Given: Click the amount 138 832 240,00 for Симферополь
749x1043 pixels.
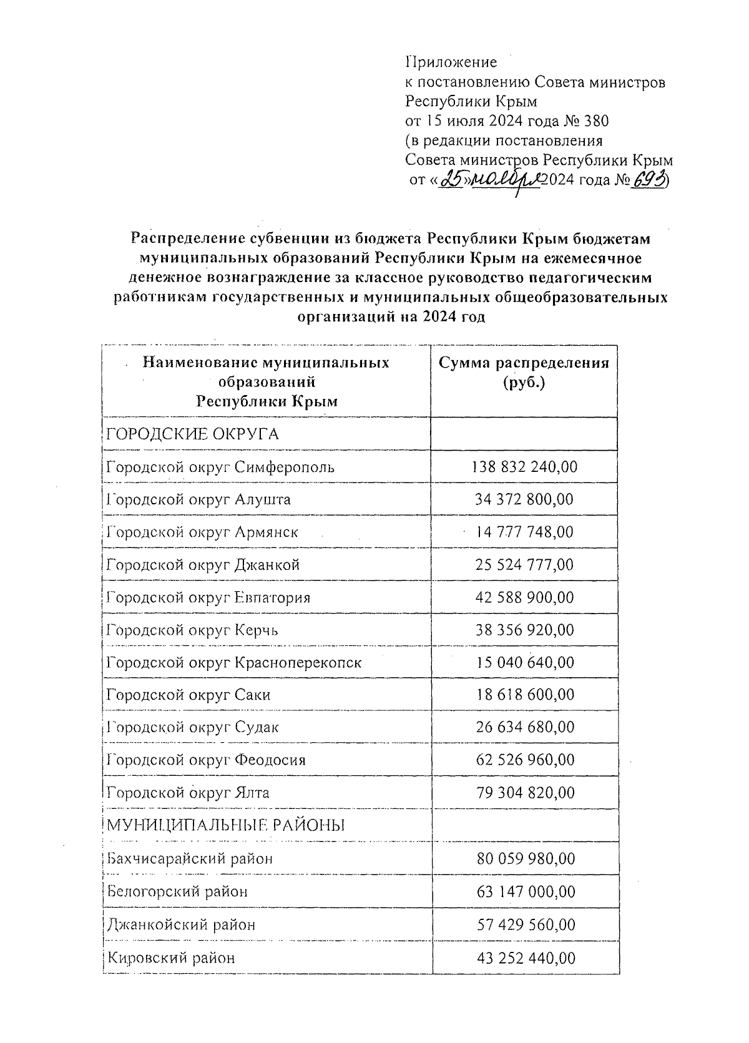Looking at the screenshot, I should pos(524,467).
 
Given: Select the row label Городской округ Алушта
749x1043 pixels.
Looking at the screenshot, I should pos(198,499).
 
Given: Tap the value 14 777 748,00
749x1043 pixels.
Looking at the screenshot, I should pos(524,532).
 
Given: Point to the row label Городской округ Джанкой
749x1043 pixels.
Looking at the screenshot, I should pos(203,565).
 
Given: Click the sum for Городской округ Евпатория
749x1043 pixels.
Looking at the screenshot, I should pos(524,597).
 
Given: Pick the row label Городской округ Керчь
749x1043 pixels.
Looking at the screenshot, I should pos(192,630).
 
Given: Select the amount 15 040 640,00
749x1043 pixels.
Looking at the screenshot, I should pos(524,662).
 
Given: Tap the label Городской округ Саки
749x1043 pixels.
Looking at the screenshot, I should pos(188,695).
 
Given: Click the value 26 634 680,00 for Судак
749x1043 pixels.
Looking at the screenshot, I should pos(524,727).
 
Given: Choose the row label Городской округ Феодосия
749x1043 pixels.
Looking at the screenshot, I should pos(206,760).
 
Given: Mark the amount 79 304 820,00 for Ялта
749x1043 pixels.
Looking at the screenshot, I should pos(524,793).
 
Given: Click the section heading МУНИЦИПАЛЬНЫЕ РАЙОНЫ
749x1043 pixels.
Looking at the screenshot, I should pos(226,826).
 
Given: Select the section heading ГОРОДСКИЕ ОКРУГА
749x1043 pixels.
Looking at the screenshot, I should pos(192,434).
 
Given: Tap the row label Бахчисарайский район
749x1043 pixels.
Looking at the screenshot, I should pos(190,858).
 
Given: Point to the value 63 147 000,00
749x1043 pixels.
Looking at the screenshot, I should pos(524,891).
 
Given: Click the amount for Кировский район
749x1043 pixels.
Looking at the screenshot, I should pos(524,957).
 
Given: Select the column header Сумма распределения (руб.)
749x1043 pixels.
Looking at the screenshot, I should pos(523,373).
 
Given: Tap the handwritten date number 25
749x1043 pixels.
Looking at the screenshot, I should pos(451,180).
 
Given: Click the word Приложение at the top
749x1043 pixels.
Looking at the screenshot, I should pos(451,62).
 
